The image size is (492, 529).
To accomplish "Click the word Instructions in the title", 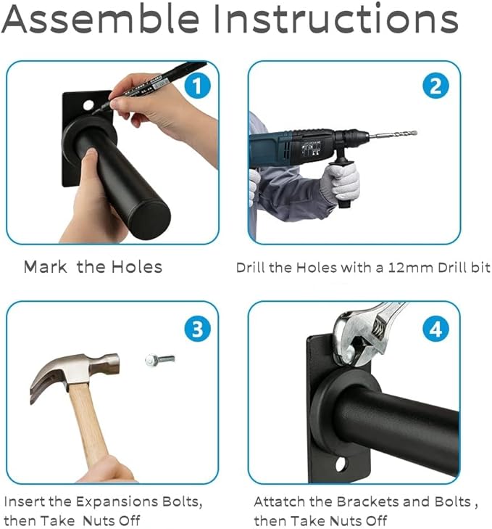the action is point(335,18).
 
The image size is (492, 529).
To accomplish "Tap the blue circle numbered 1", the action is point(198,86).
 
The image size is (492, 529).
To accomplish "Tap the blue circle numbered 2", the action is point(435,86).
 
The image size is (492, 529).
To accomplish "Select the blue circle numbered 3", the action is point(198,329).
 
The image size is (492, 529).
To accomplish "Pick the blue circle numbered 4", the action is point(435,329).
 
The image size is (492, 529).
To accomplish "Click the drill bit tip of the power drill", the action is point(417,133).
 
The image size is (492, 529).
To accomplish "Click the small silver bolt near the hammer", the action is point(159,360).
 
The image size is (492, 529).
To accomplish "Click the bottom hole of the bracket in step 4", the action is point(341,464).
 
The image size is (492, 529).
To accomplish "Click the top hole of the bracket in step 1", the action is point(88,105).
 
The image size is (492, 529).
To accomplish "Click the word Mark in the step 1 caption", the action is point(45,267).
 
